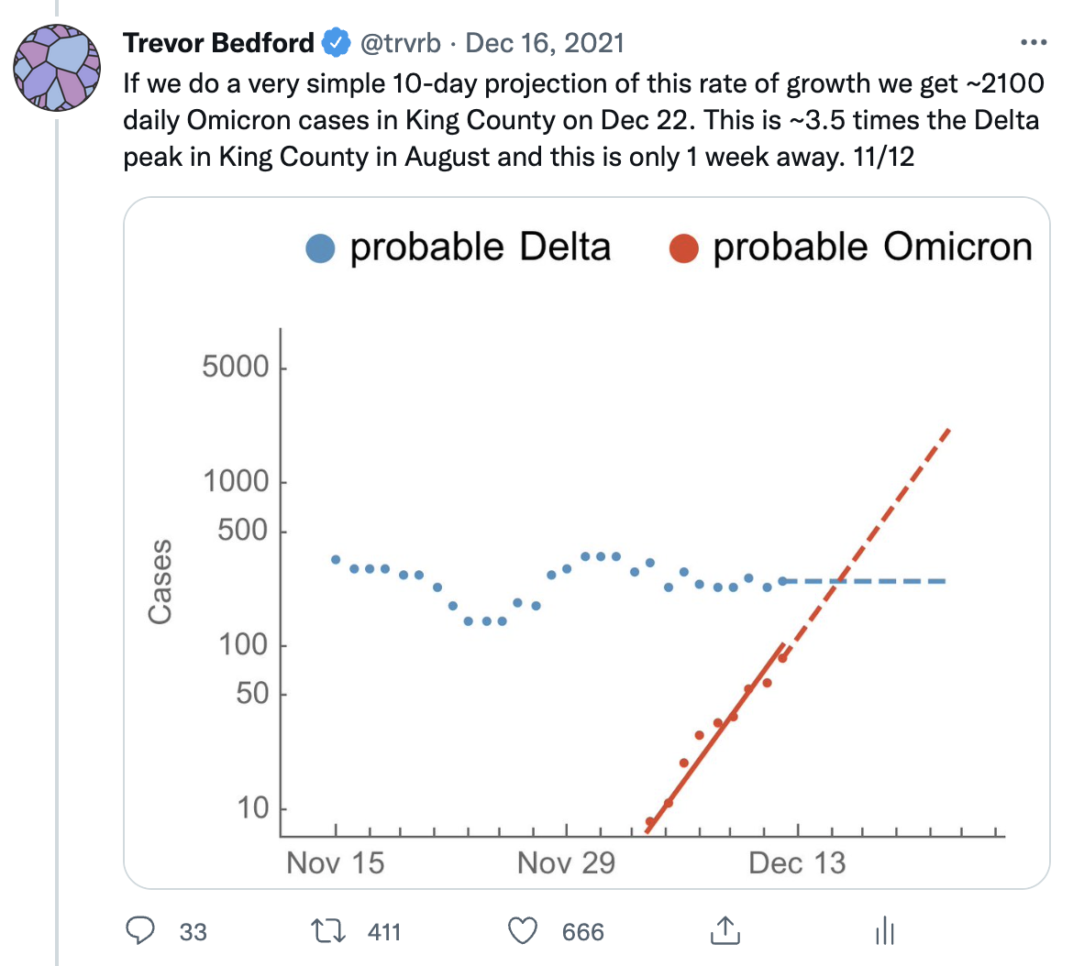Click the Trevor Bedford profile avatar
click(x=57, y=68)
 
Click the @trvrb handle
click(x=401, y=43)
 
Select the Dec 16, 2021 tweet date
click(x=545, y=43)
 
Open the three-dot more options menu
click(x=1033, y=43)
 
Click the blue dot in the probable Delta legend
click(x=320, y=248)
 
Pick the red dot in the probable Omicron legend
click(x=684, y=248)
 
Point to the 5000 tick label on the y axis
click(x=236, y=368)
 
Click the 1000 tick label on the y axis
click(x=236, y=481)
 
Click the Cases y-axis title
click(x=160, y=583)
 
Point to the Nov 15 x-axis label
click(x=336, y=863)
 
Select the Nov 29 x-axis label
click(x=566, y=863)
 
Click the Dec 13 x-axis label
click(x=798, y=863)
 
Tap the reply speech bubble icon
click(x=139, y=931)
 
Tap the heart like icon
click(x=522, y=931)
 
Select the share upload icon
click(x=725, y=929)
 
